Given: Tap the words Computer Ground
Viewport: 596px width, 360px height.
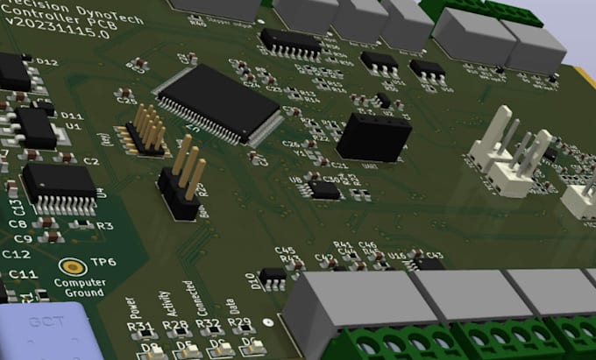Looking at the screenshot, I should (80, 288).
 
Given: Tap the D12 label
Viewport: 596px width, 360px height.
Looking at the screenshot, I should (46, 62).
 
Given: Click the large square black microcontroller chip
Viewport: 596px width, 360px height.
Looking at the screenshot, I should (216, 102).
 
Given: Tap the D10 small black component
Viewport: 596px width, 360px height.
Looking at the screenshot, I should (273, 275).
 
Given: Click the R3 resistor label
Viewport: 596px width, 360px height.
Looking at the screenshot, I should (105, 226).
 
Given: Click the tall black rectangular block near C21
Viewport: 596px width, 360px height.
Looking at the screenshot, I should (374, 136).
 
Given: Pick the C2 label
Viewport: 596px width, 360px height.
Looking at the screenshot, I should (90, 163).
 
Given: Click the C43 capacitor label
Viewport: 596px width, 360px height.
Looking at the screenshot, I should (435, 256).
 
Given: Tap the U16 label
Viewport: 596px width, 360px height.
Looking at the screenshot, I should (397, 255).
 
